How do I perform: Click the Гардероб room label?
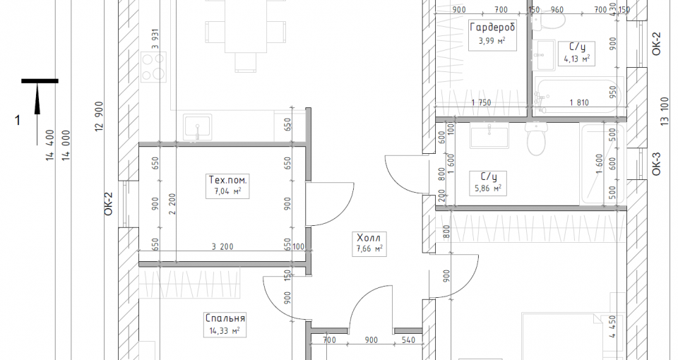(492, 28)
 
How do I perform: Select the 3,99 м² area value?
(492, 42)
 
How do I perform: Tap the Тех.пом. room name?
(228, 179)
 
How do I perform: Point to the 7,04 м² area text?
(228, 191)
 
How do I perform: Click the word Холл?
(369, 238)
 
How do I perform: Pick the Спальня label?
(225, 318)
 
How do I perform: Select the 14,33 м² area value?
(224, 331)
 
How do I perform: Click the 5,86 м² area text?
(488, 188)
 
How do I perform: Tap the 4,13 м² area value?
(577, 59)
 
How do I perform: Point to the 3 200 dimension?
(222, 247)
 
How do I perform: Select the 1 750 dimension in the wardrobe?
(481, 103)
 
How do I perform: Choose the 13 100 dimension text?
(665, 112)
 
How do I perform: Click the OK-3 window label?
(656, 164)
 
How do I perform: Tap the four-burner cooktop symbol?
(153, 66)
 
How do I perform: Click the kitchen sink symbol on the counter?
(198, 127)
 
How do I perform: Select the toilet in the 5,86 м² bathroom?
(536, 138)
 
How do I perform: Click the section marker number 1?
(17, 120)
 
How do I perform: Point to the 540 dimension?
(408, 340)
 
